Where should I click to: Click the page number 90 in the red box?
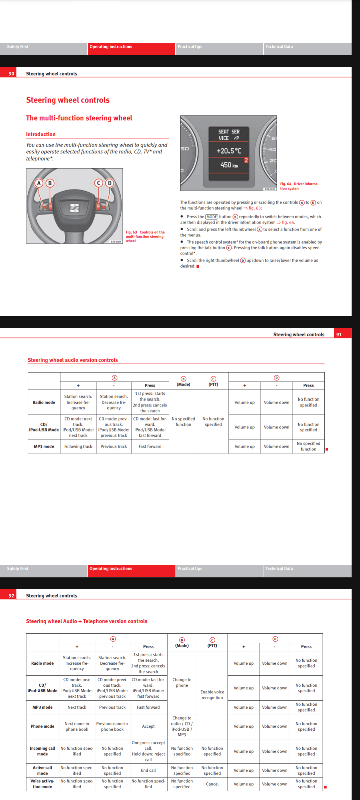[11, 74]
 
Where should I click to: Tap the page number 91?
[339, 335]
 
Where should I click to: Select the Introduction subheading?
[41, 134]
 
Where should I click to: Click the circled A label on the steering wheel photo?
[39, 183]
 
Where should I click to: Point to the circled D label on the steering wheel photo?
[109, 183]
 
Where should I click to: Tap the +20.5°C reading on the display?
[229, 151]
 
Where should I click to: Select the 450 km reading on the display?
[229, 165]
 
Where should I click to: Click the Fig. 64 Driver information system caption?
[299, 186]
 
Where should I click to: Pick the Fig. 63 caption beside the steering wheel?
[145, 236]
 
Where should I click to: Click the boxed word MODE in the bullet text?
[212, 217]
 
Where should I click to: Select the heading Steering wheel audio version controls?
[73, 360]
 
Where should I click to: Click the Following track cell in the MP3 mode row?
[78, 446]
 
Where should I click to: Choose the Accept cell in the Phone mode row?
[148, 726]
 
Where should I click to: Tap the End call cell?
[148, 770]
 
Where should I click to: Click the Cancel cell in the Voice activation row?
[212, 784]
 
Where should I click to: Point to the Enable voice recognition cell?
[212, 695]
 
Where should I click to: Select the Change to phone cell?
[182, 682]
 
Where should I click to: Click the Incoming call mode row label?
[42, 751]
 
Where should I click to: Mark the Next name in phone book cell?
[77, 726]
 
